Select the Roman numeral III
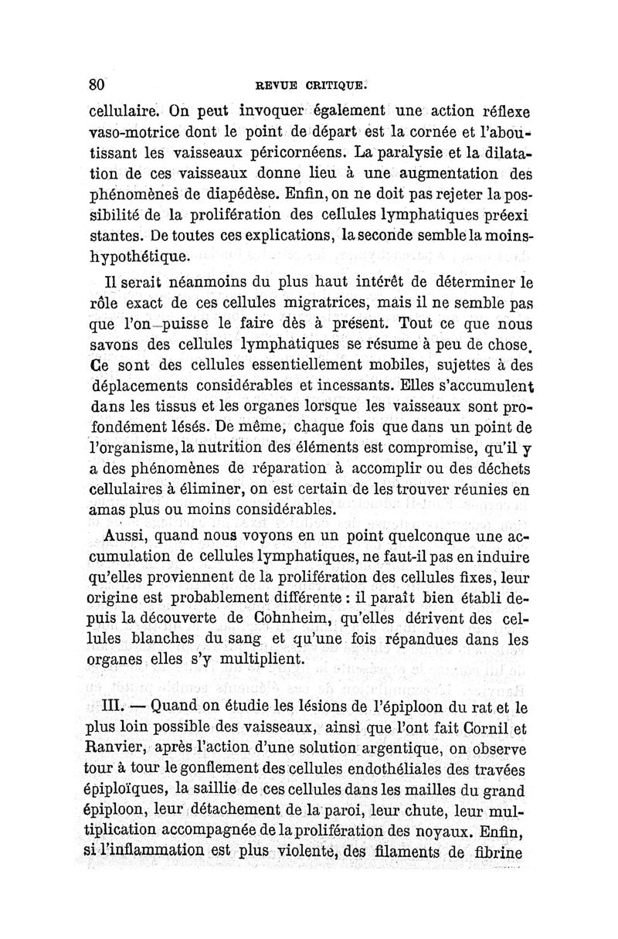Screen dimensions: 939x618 click(115, 706)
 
